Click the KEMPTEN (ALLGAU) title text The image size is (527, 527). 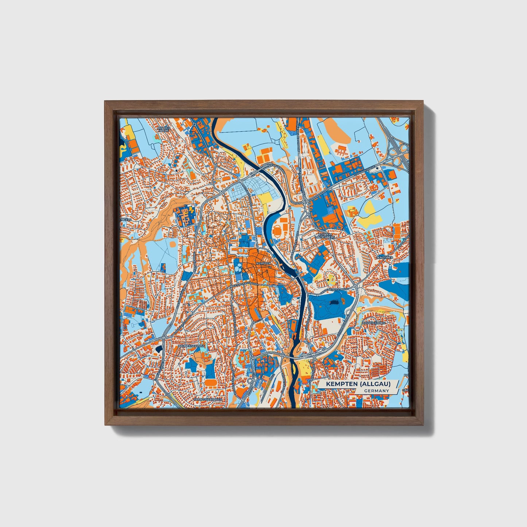click(358, 384)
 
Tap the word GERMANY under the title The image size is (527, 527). click(376, 391)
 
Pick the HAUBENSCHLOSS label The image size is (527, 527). click(191, 345)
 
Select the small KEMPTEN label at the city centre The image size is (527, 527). click(263, 263)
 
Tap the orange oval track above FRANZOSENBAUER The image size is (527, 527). click(211, 382)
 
